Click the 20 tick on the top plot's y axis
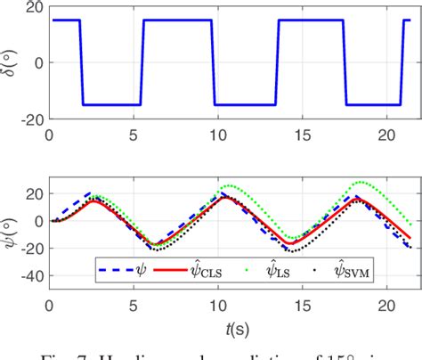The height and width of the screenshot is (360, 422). coord(34,9)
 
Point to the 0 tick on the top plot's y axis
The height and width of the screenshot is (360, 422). coord(37,62)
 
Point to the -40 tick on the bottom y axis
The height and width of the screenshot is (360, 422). coord(31,275)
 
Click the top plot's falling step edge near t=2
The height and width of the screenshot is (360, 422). coord(82,62)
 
